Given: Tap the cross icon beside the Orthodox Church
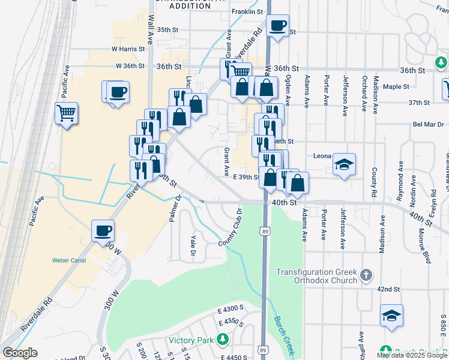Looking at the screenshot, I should click(366, 276).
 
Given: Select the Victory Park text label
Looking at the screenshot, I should click(191, 340).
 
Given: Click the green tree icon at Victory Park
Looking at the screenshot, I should click(223, 340).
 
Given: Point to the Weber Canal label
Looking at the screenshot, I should click(70, 260).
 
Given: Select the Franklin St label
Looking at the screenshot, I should click(248, 11).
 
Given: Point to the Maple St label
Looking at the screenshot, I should click(396, 86).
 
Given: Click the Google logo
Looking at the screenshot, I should click(20, 353).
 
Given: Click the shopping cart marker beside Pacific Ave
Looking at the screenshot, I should click(67, 112).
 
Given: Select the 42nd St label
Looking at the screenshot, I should click(388, 289).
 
